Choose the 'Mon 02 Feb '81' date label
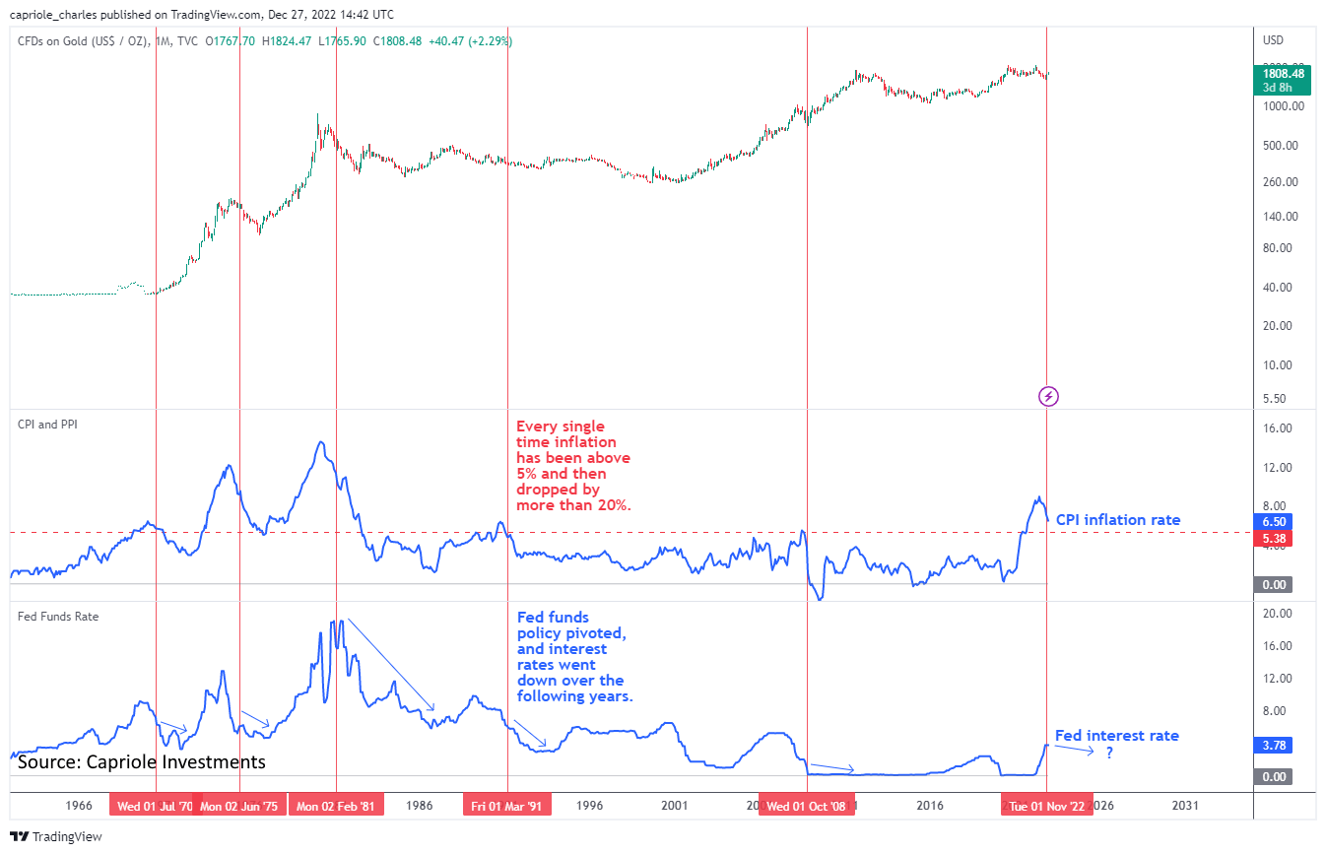click(336, 806)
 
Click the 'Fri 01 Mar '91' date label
click(507, 806)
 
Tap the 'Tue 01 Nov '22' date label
click(1047, 806)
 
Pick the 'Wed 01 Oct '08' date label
click(807, 806)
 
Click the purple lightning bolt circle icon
click(1049, 396)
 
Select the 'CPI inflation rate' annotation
click(1117, 520)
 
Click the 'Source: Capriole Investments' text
click(142, 762)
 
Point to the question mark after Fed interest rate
click(1109, 754)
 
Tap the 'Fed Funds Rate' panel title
click(58, 617)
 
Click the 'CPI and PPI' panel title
click(48, 425)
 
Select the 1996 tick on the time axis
click(590, 806)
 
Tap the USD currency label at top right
click(1273, 40)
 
